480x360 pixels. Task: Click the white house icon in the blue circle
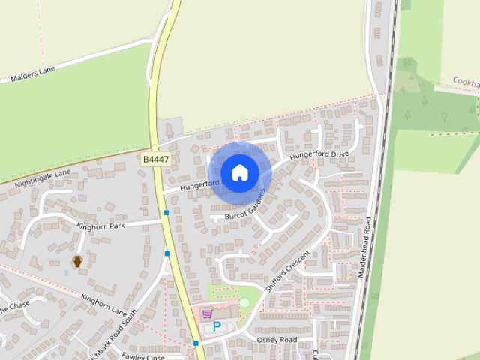[239, 172]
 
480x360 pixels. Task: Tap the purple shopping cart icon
[207, 313]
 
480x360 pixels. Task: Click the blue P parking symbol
[217, 326]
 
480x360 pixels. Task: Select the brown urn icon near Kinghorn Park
[76, 261]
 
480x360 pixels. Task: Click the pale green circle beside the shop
[244, 301]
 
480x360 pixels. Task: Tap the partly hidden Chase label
[15, 307]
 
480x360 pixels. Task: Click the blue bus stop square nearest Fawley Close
[196, 343]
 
